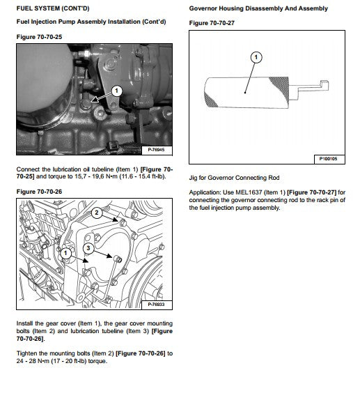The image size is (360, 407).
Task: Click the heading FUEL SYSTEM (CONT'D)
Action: pos(53,8)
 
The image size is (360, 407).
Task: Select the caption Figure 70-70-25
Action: pos(39,37)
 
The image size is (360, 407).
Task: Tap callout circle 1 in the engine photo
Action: pos(116,91)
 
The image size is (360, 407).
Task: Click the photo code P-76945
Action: pos(156,150)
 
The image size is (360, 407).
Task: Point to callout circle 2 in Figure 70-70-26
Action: pos(97,213)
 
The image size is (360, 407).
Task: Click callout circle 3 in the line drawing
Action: pos(88,248)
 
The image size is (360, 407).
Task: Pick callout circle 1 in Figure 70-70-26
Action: pos(65,253)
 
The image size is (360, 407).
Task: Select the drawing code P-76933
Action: pos(156,305)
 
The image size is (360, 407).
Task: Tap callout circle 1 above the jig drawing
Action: pos(256,57)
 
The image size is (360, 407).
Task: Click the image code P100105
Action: pos(329,159)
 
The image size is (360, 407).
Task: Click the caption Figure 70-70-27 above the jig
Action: pos(212,23)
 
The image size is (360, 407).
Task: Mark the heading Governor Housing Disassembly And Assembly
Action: pos(258,8)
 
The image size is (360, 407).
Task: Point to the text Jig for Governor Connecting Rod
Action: pos(234,178)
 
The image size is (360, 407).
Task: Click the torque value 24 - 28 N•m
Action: pos(33,361)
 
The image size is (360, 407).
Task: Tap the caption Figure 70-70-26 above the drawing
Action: pos(39,192)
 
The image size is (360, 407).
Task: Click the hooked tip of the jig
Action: pos(324,85)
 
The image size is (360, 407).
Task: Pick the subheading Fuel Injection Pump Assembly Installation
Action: pos(79,22)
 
